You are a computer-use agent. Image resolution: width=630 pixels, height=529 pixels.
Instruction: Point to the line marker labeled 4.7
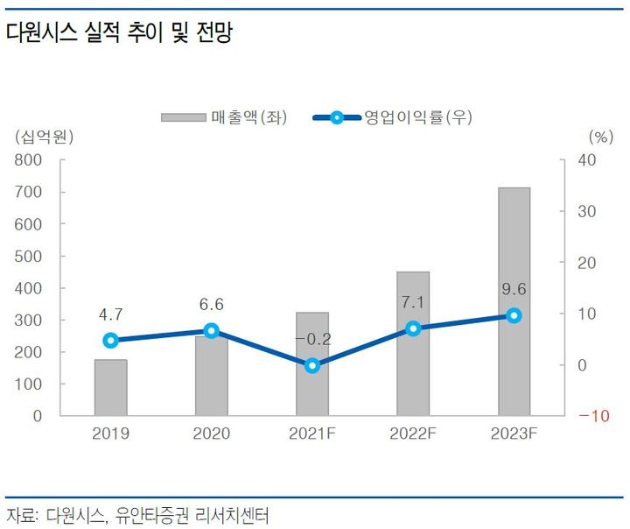110,341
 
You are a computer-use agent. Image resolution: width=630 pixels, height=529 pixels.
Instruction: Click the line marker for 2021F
312,366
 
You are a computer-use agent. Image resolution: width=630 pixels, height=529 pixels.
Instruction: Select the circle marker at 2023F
514,315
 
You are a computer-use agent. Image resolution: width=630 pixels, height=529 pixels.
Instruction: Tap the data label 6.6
211,305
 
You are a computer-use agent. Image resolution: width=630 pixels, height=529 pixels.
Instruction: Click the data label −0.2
311,339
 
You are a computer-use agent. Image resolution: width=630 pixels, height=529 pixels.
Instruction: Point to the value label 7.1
413,302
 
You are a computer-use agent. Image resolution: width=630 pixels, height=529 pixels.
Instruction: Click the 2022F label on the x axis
413,434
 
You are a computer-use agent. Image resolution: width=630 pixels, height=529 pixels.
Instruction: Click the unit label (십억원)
43,136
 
